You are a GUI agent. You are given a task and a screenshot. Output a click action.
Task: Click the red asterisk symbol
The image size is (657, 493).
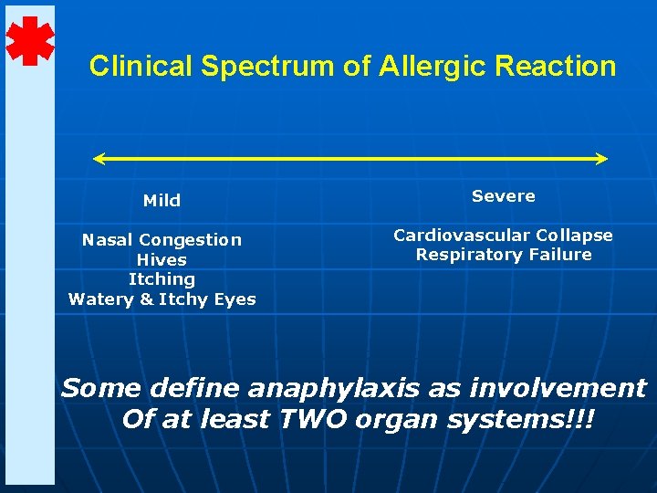[30, 41]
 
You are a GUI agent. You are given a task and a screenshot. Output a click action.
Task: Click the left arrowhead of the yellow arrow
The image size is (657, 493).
[99, 159]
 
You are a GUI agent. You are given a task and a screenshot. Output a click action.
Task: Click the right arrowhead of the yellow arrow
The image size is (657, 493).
[601, 159]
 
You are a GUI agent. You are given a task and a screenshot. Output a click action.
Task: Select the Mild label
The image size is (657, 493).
[162, 200]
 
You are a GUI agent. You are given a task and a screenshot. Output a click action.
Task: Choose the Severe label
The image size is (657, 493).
[503, 196]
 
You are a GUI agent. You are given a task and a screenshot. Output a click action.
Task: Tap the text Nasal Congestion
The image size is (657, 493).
[162, 239]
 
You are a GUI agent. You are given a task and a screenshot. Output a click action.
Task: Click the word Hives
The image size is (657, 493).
[162, 259]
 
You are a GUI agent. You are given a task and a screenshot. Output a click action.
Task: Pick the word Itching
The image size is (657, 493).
[162, 279]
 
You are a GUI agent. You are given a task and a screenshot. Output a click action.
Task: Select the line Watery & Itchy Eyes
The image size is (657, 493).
[162, 299]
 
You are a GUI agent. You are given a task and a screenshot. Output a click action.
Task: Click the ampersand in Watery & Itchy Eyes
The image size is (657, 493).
[146, 299]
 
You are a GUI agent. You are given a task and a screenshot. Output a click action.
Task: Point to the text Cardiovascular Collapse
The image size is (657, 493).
[503, 236]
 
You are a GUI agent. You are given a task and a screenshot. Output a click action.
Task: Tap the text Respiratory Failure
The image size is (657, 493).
[503, 255]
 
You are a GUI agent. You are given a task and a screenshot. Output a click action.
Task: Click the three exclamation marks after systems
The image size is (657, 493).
[581, 420]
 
